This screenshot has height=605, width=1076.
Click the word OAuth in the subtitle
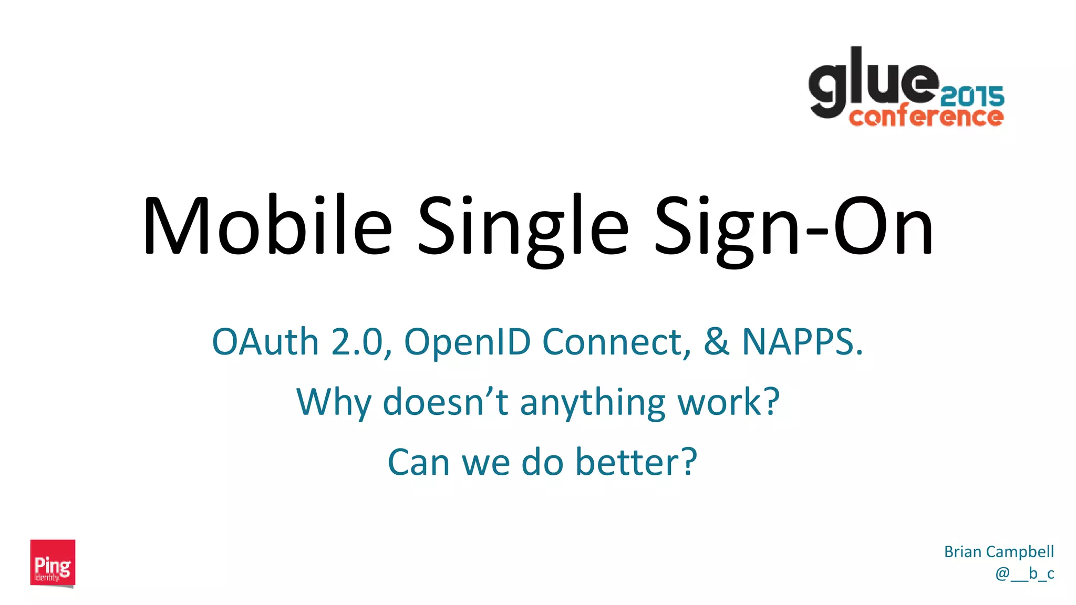coord(265,342)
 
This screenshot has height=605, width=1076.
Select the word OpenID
coord(467,342)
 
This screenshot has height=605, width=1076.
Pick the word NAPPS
coord(802,342)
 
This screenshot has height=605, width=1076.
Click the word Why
coord(334,403)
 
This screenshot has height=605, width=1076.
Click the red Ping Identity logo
coord(53,563)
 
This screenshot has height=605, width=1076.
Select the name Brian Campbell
coord(999,551)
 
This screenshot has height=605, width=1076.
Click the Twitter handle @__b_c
coord(1025,573)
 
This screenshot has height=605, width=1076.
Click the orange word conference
coord(926,117)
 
